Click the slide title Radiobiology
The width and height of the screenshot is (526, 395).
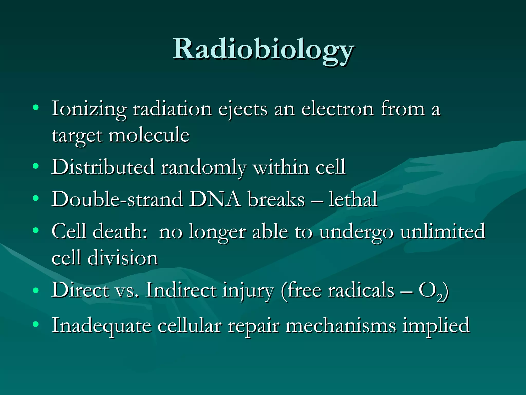click(263, 49)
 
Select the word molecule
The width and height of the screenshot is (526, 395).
click(149, 135)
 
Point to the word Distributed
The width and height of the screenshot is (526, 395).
click(103, 167)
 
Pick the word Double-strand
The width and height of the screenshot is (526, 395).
click(117, 199)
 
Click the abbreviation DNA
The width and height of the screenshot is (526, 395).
click(215, 199)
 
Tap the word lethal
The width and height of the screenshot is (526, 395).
click(353, 199)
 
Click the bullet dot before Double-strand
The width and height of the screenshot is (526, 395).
click(36, 198)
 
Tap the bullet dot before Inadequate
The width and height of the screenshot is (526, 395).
click(36, 324)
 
